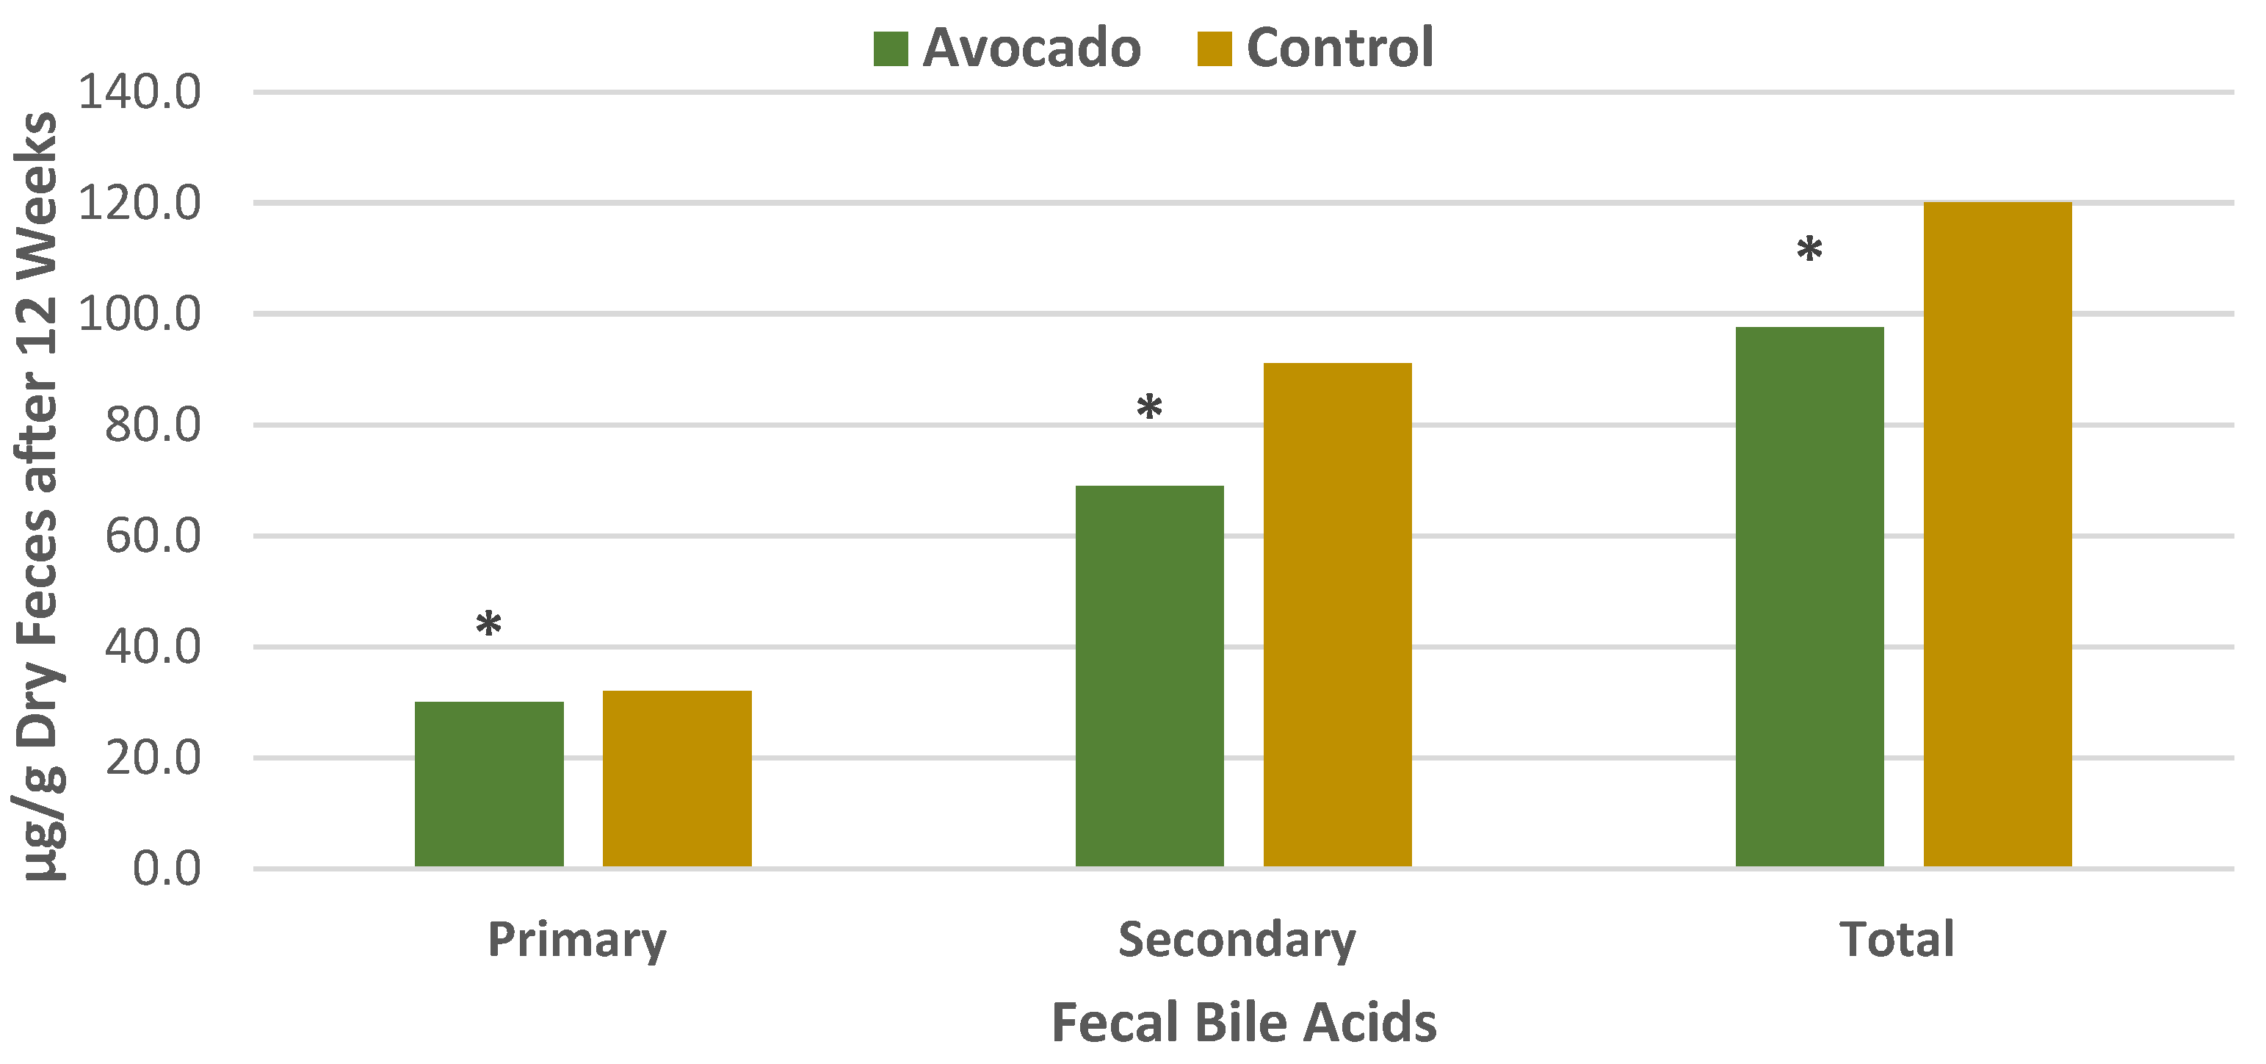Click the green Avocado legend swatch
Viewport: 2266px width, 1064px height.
[x=890, y=48]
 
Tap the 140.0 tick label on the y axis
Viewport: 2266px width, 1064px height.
[x=139, y=92]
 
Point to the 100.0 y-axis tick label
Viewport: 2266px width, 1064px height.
[x=139, y=314]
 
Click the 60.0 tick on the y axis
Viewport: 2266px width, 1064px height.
[x=152, y=536]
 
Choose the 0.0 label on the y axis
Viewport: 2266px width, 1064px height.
[x=166, y=869]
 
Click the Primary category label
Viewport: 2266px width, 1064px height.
[x=577, y=940]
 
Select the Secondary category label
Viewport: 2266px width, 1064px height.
[x=1237, y=940]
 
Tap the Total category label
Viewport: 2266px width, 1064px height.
[x=1897, y=939]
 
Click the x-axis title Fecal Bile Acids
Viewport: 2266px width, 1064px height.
[x=1244, y=1023]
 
